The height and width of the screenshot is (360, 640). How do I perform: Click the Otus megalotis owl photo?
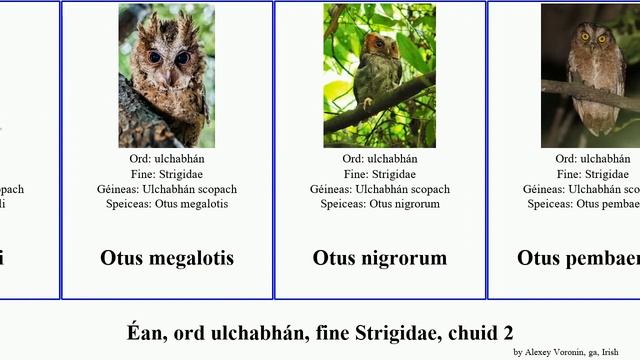(166, 75)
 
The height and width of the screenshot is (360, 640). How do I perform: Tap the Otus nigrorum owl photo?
(379, 75)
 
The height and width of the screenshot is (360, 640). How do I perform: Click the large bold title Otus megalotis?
(167, 258)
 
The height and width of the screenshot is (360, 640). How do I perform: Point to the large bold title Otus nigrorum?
(380, 258)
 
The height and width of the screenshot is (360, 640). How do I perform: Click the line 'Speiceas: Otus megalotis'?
(167, 204)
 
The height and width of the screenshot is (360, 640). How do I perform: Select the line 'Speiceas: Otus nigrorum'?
(380, 204)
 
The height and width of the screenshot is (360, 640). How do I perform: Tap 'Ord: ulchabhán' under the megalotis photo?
(167, 159)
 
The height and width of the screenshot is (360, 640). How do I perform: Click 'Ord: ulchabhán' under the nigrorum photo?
(380, 159)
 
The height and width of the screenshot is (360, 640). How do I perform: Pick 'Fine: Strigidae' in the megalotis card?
(167, 174)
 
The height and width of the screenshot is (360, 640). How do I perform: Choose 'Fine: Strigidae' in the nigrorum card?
(380, 174)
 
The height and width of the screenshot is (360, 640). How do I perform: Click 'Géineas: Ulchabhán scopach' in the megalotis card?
(167, 189)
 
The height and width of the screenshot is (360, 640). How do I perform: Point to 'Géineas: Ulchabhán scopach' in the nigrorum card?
(380, 189)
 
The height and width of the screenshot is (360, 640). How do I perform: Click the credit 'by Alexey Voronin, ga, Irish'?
(573, 352)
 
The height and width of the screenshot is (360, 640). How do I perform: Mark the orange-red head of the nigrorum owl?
(376, 44)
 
